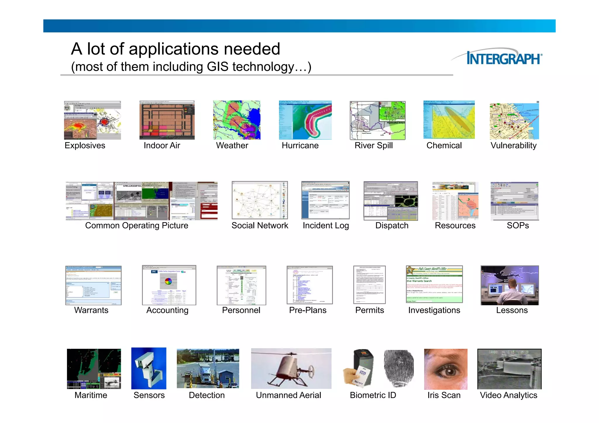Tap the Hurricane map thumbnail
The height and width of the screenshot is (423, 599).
tap(305, 120)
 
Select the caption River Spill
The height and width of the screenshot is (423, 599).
tap(373, 145)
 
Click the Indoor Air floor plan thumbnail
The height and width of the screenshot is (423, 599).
tap(167, 120)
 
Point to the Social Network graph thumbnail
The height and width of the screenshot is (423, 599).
tap(259, 200)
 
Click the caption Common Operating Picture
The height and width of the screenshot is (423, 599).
tap(137, 226)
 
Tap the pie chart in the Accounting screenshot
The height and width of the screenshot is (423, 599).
tap(168, 281)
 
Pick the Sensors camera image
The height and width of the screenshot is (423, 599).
tap(149, 368)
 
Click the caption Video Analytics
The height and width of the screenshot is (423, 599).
tap(508, 395)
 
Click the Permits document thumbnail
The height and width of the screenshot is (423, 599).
tap(369, 285)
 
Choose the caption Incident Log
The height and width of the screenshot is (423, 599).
tap(326, 226)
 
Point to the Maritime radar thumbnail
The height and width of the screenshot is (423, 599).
tap(94, 369)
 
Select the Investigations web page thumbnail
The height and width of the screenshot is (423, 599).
tap(434, 284)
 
